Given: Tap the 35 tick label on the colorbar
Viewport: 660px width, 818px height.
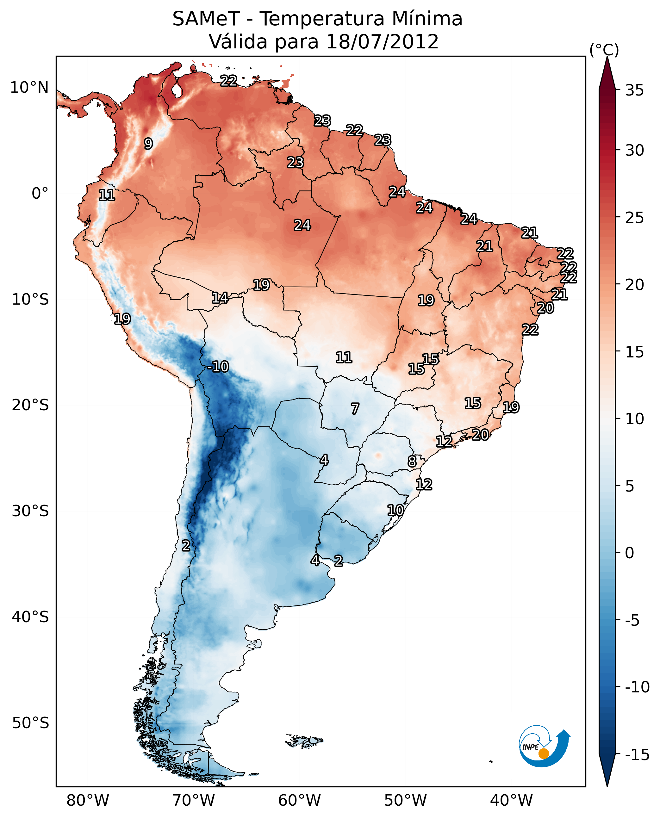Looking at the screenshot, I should click(634, 90).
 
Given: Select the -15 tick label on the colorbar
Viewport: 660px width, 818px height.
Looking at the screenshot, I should click(637, 754).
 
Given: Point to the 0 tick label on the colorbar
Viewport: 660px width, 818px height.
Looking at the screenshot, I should click(630, 553).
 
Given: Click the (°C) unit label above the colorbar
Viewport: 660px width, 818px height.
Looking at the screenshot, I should click(604, 50).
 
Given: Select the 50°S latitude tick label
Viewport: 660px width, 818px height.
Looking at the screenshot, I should click(30, 722).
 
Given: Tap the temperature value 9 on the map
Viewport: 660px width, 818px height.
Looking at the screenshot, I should click(148, 143).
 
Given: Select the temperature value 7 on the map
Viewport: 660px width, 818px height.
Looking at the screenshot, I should click(355, 409).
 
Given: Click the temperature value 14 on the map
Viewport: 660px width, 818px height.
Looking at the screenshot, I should click(220, 298).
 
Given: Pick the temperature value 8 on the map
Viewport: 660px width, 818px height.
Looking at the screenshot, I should click(412, 462).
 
